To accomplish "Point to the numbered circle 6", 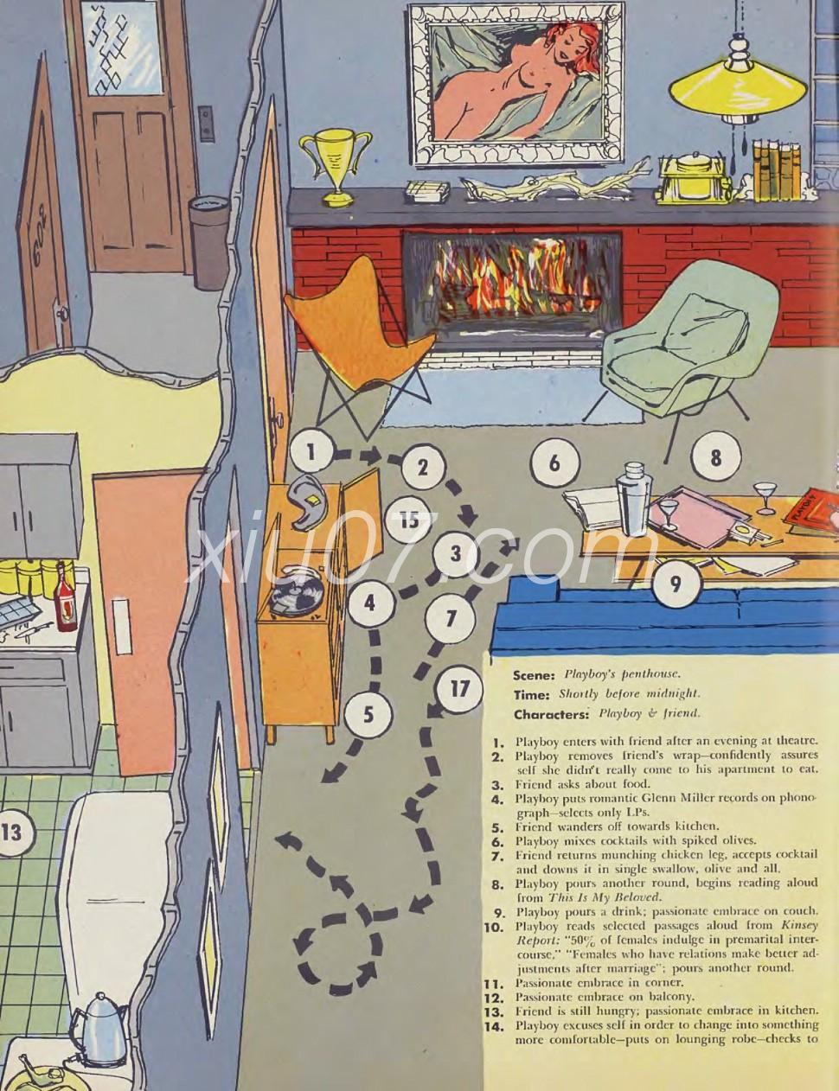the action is point(554,463).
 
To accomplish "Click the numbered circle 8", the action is point(715,457).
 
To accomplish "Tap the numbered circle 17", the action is point(458,690).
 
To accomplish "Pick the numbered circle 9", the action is point(676,584).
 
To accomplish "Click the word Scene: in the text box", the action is point(533,675).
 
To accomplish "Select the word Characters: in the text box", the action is point(550,714).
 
